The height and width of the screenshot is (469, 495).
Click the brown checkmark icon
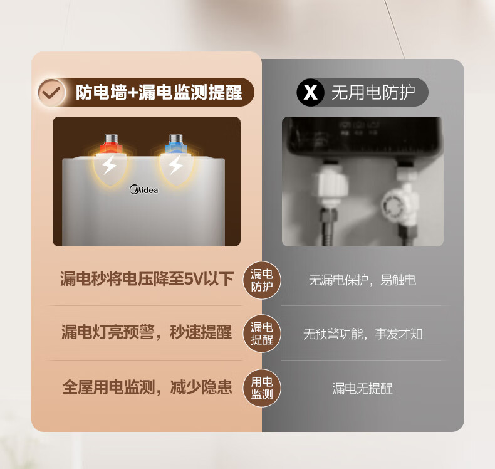pyautogui.click(x=52, y=92)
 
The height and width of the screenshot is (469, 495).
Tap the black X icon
pyautogui.click(x=310, y=92)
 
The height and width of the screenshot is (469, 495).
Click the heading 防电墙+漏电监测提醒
pyautogui.click(x=159, y=92)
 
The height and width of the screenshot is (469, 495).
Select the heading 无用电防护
pyautogui.click(x=373, y=92)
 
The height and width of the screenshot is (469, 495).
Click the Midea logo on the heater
pyautogui.click(x=143, y=189)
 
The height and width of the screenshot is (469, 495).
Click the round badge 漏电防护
pyautogui.click(x=262, y=280)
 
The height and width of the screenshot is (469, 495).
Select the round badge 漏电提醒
pyautogui.click(x=262, y=334)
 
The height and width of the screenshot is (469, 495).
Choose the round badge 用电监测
pyautogui.click(x=262, y=388)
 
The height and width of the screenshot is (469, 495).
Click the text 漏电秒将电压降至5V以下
pyautogui.click(x=147, y=279)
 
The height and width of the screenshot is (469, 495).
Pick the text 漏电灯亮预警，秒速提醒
pyautogui.click(x=147, y=332)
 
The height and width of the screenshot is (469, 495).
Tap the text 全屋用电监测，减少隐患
pyautogui.click(x=147, y=387)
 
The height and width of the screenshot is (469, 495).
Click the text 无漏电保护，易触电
pyautogui.click(x=362, y=280)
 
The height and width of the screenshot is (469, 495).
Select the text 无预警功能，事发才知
pyautogui.click(x=363, y=334)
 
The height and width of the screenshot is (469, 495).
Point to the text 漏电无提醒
pyautogui.click(x=363, y=389)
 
